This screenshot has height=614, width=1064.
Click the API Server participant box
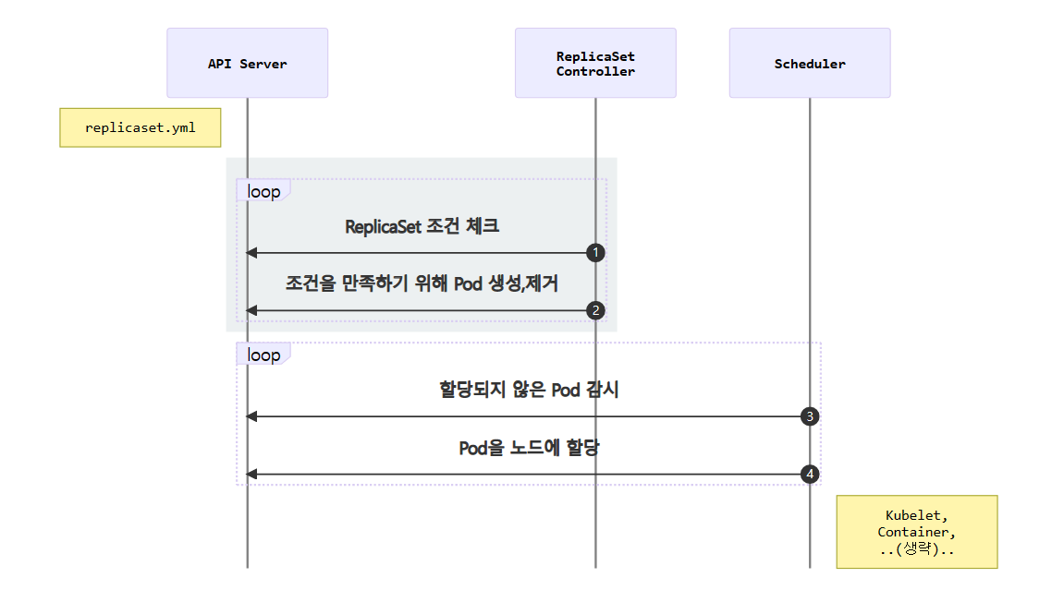click(x=248, y=63)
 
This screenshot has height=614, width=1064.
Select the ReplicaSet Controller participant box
click(x=596, y=63)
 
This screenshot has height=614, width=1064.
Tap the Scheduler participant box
click(x=810, y=63)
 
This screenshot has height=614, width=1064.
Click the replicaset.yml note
click(x=141, y=127)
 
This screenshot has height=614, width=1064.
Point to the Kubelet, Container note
click(x=917, y=532)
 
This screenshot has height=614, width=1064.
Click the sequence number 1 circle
click(x=596, y=253)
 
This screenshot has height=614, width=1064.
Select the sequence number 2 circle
click(x=596, y=310)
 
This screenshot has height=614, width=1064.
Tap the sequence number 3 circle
click(x=810, y=416)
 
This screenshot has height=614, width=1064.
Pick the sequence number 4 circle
click(x=810, y=474)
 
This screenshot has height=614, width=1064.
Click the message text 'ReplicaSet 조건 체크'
click(x=422, y=226)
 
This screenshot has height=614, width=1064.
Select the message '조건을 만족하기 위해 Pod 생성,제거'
click(x=422, y=283)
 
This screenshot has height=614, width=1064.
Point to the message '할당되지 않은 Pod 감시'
click(x=529, y=390)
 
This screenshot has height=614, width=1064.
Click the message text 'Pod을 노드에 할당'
click(x=529, y=447)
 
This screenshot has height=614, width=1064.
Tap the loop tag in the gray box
click(x=263, y=191)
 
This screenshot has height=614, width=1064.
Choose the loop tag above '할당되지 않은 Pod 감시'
click(x=263, y=355)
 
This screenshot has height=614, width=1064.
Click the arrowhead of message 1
click(x=251, y=253)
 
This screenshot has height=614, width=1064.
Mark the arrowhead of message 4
click(x=251, y=474)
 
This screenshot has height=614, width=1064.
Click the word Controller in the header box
click(x=596, y=71)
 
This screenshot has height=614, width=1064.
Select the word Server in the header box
click(x=263, y=64)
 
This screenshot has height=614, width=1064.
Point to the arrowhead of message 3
click(x=251, y=416)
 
